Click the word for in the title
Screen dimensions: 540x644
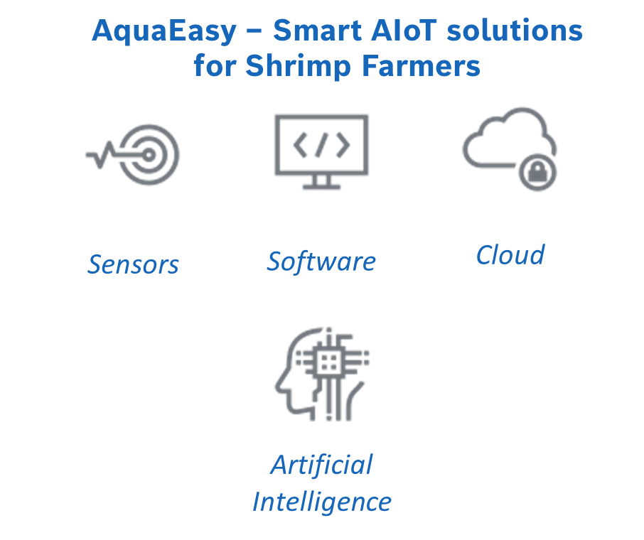215,66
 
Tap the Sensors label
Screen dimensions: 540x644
134,264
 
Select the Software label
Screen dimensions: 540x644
321,261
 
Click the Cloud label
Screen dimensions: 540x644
510,254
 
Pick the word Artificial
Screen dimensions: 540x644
321,465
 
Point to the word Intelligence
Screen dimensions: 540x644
321,502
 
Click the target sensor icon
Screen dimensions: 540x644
149,154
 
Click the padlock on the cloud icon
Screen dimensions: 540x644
537,172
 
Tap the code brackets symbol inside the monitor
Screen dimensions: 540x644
321,145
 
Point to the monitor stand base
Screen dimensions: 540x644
321,188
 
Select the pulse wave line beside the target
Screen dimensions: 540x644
100,154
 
